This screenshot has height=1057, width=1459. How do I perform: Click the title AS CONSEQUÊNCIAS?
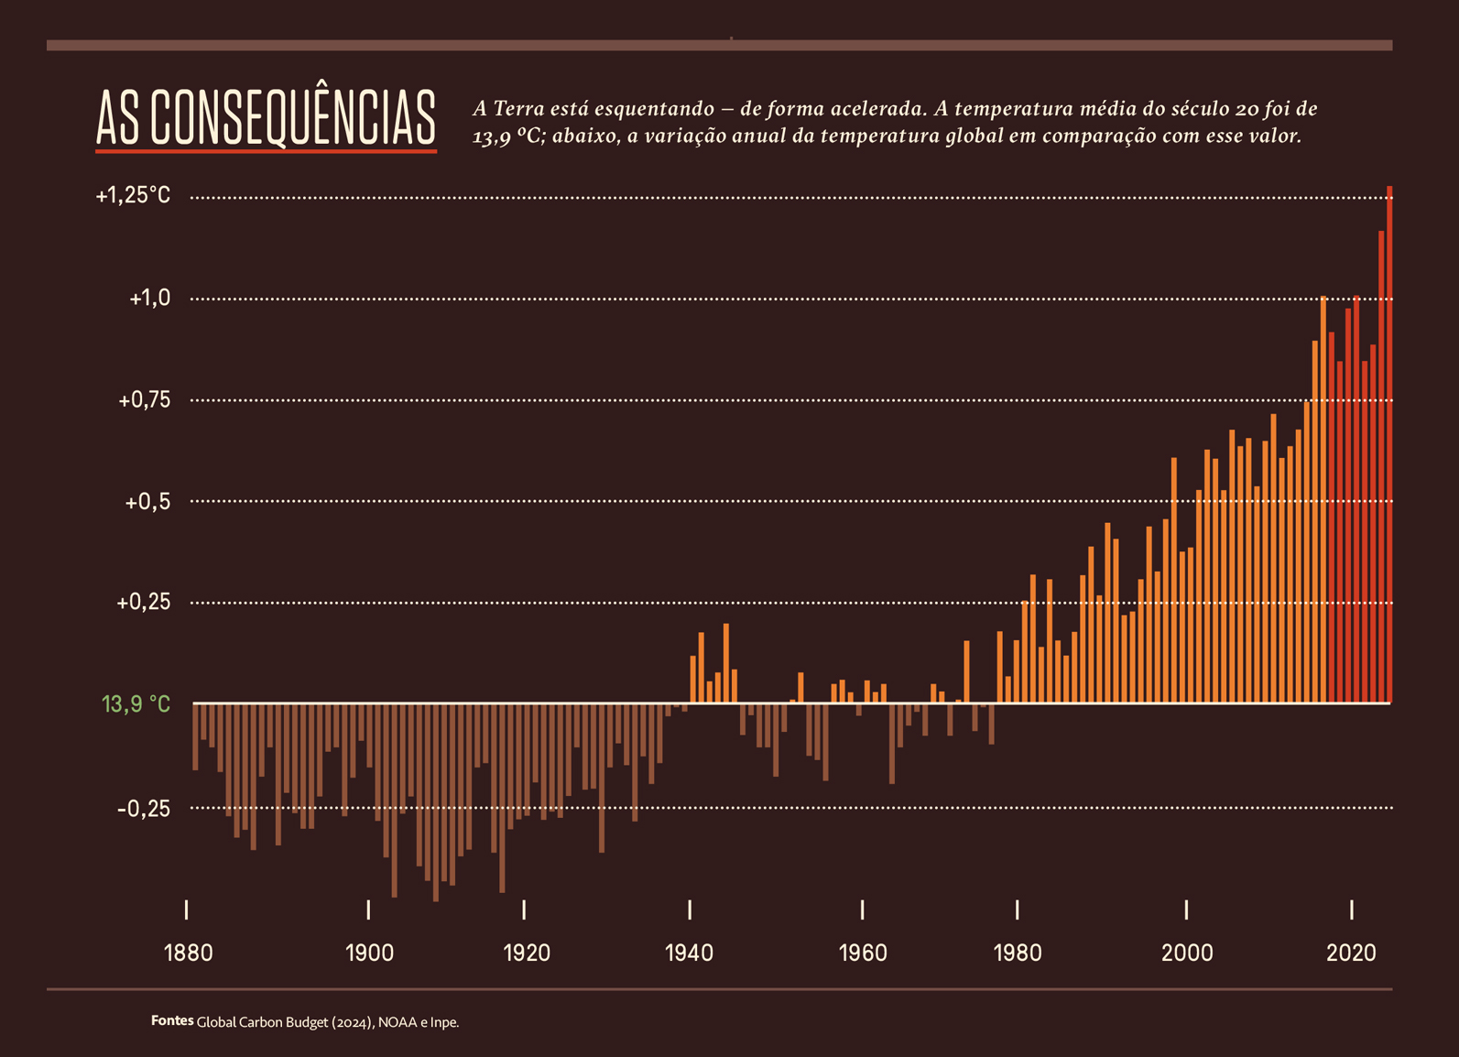coord(266,117)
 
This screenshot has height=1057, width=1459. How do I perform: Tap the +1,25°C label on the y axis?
coord(134,195)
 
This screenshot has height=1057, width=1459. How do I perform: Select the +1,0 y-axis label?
coord(149,298)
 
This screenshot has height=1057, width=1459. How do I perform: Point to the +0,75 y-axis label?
coord(145,399)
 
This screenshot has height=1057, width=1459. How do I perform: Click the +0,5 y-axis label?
coord(147,502)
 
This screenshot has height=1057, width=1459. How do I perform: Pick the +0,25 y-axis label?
coord(144,602)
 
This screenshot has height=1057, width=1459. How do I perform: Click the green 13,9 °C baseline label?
coord(136,703)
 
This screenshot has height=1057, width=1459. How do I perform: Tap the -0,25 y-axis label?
coord(144,809)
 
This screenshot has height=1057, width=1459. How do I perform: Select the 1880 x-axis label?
coord(188,953)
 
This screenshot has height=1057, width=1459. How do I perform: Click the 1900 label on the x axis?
coord(369,953)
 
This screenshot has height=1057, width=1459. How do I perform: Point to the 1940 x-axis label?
coord(689,953)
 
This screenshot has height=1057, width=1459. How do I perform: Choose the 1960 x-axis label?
coord(863,953)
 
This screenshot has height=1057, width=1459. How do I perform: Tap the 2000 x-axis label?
coord(1187,953)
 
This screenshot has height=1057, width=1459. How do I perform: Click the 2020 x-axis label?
coord(1351,953)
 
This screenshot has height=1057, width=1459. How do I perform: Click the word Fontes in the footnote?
coord(172,1020)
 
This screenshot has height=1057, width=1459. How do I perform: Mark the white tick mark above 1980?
coord(1017,910)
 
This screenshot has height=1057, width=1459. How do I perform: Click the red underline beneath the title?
coord(266,150)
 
